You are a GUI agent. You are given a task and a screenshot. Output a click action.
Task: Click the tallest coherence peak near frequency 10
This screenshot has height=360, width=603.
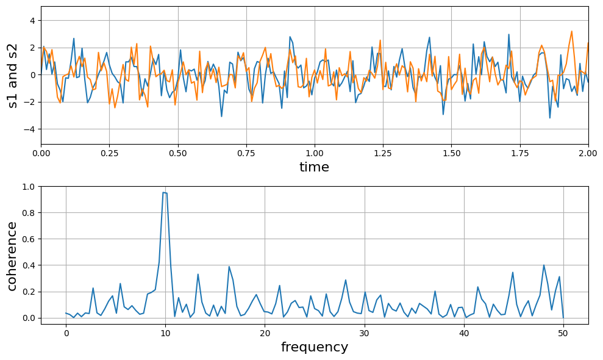[x=163, y=193]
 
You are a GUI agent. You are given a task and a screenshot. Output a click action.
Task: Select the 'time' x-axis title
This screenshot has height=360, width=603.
[x=314, y=167]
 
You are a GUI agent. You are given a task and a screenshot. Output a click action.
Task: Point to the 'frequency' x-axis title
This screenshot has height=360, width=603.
[x=314, y=348]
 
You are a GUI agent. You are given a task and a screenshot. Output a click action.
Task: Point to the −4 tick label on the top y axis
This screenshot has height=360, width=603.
[x=30, y=129]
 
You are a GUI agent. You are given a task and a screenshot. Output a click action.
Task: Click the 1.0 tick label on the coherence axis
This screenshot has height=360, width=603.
[x=29, y=187]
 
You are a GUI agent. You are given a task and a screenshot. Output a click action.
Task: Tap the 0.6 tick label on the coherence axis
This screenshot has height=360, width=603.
[x=29, y=239]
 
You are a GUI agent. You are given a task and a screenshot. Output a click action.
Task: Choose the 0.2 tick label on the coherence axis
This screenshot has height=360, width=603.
[x=29, y=292]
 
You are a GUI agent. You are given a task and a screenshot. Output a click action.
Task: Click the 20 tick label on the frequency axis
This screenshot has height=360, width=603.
[x=265, y=333]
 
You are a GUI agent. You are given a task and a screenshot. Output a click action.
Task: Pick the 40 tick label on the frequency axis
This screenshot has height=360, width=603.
[x=464, y=333]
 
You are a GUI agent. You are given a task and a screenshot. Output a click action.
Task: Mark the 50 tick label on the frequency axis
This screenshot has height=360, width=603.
[x=563, y=333]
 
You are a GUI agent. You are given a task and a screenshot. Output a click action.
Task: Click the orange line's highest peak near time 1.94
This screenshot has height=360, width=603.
[x=572, y=31]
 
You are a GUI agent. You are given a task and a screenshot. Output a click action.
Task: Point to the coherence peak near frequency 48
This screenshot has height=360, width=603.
[x=544, y=265]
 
